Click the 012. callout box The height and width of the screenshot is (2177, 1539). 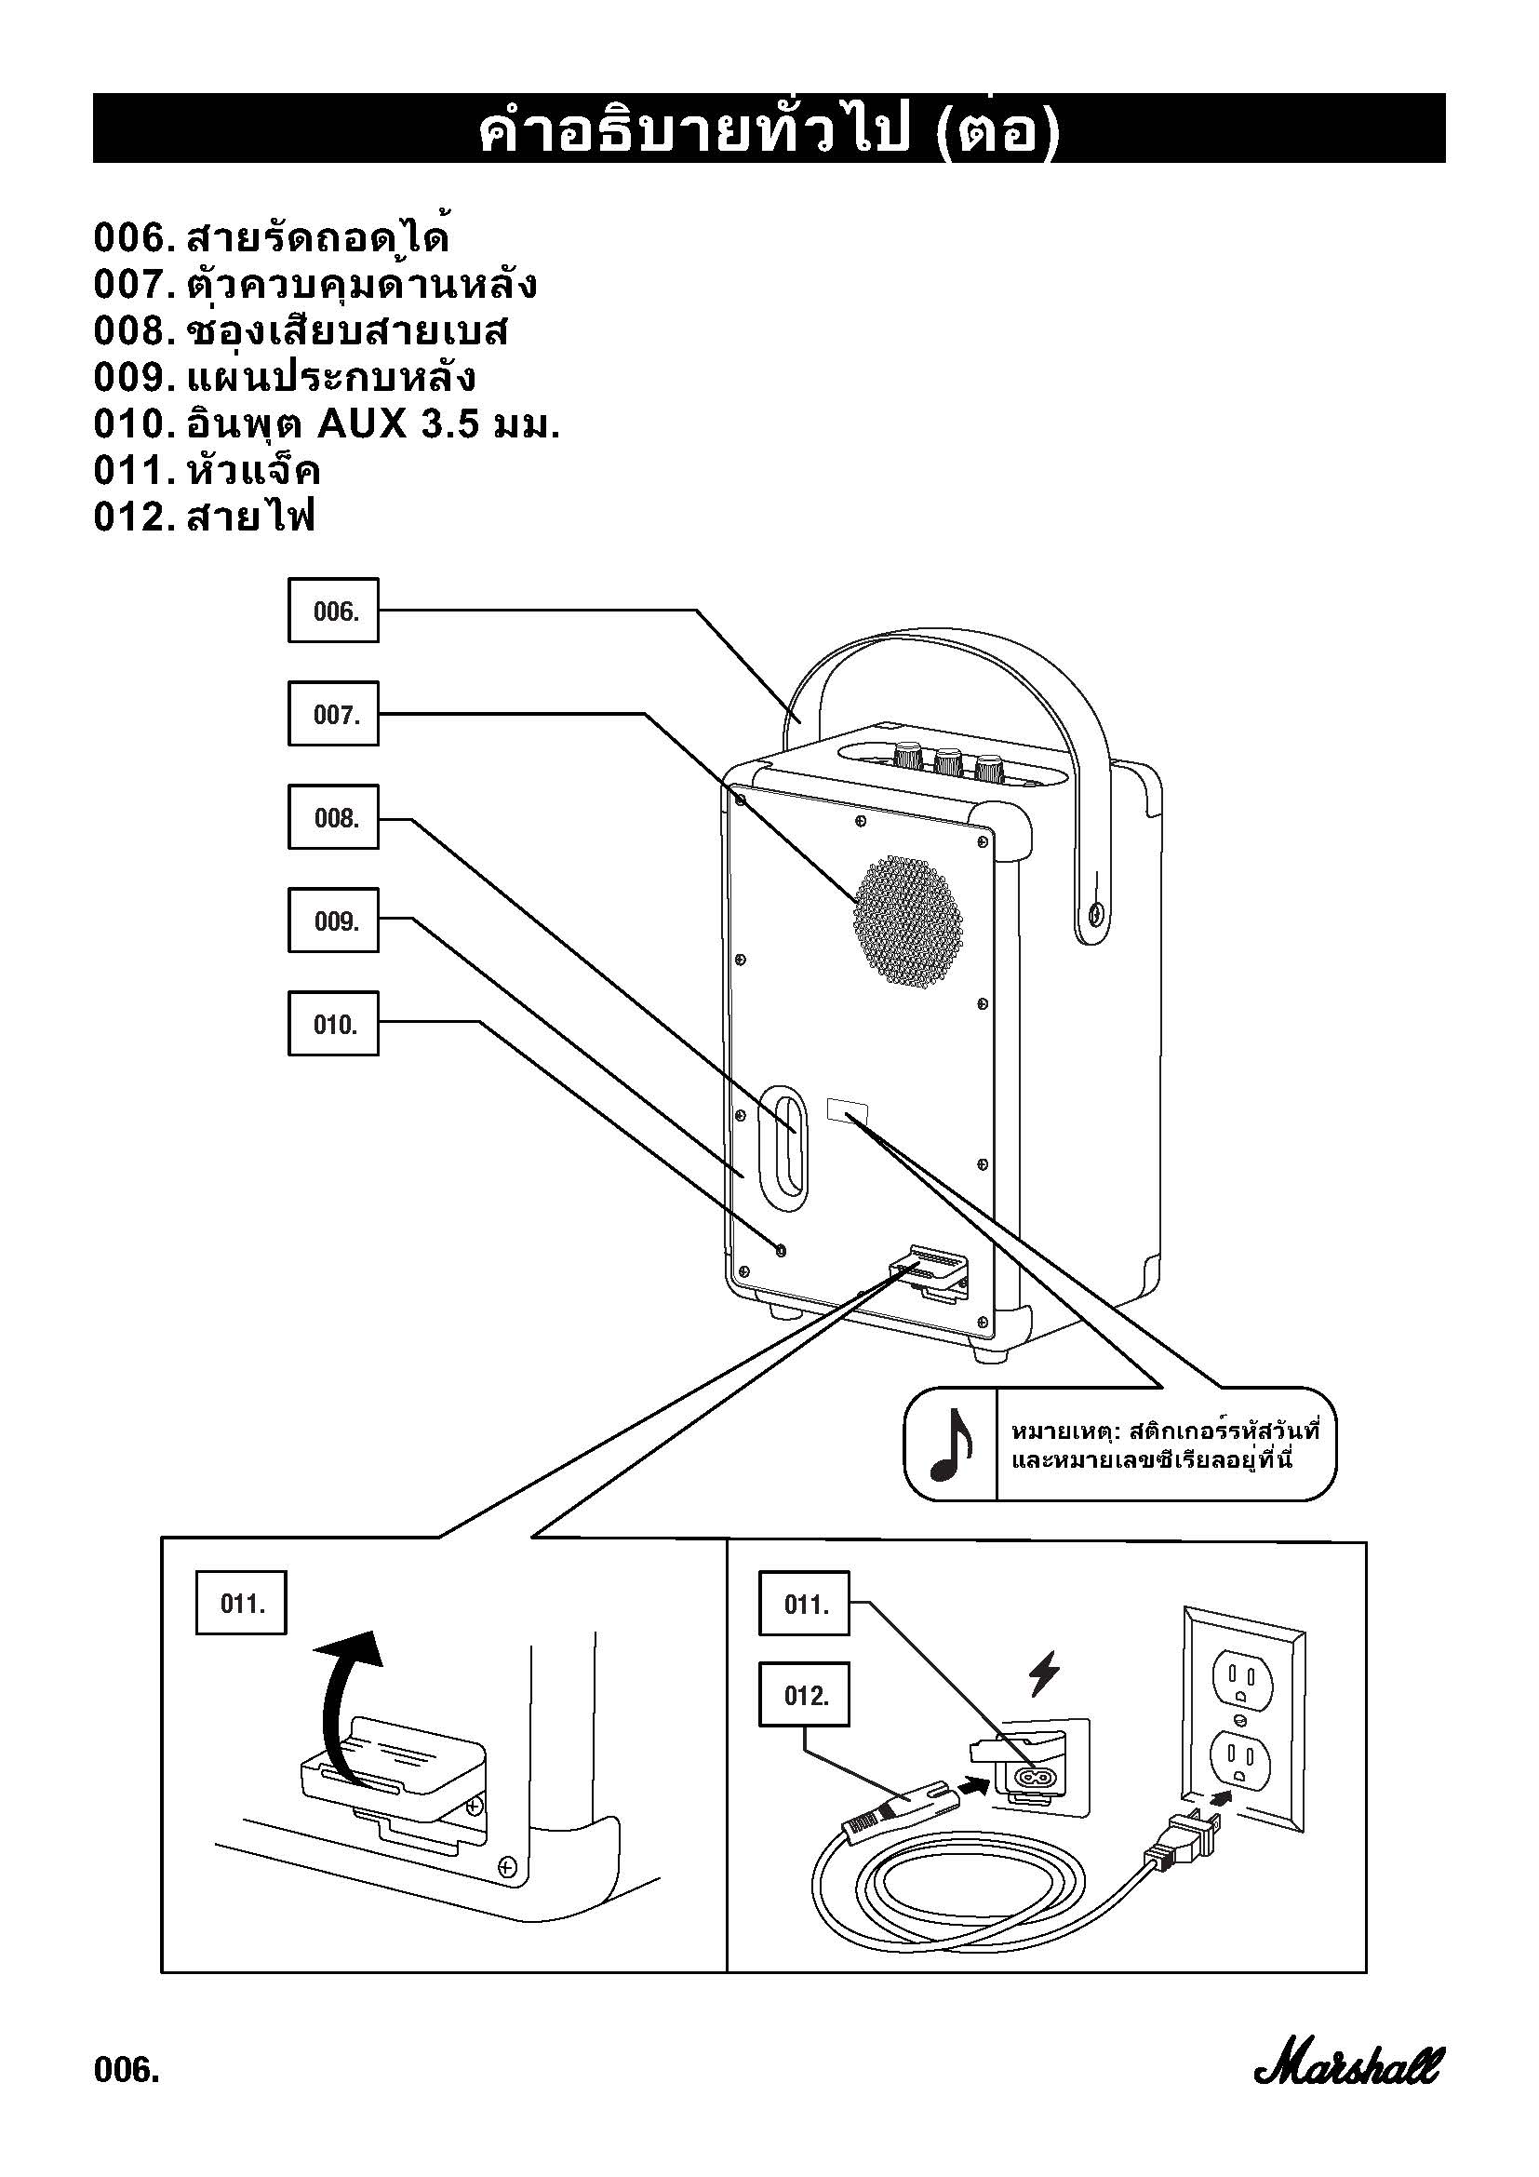804,1694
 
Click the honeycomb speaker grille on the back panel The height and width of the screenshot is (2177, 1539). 907,921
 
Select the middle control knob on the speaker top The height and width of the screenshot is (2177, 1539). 948,760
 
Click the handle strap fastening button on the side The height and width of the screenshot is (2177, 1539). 1095,914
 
